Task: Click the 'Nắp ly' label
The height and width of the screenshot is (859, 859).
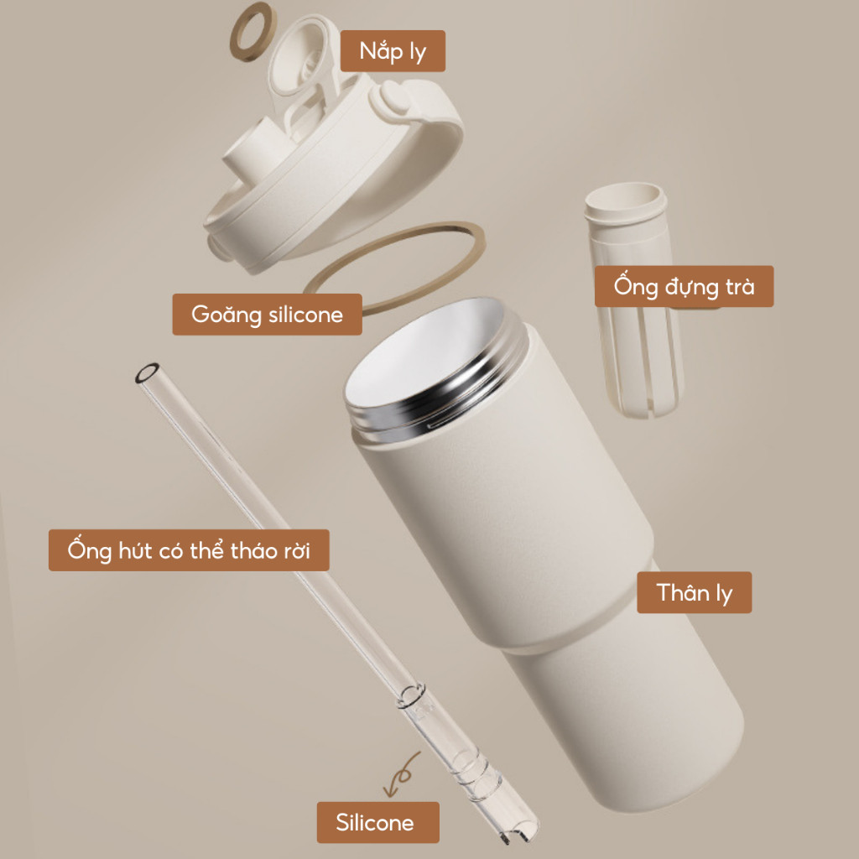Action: coord(393,51)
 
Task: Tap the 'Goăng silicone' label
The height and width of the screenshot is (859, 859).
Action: coord(268,315)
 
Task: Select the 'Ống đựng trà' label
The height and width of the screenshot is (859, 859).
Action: coord(685,287)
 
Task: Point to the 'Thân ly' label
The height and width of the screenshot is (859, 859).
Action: coord(694,593)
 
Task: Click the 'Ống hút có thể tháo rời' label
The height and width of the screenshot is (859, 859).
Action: coord(189,550)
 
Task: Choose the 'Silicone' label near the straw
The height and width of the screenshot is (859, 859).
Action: coord(378,822)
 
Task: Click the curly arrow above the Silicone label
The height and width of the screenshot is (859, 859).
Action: coord(401,774)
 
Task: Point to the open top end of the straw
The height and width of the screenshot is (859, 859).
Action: coord(148,373)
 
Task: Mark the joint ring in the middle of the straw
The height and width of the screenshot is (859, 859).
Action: coord(411,695)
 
